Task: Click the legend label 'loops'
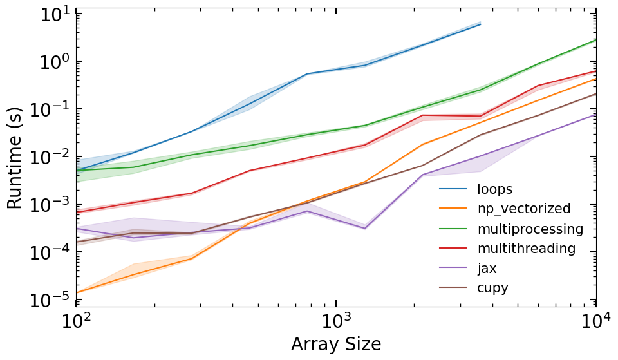pyautogui.click(x=494, y=189)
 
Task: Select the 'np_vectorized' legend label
pyautogui.click(x=523, y=209)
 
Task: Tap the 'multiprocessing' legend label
pyautogui.click(x=530, y=229)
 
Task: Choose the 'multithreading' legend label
pyautogui.click(x=526, y=249)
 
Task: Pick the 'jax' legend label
pyautogui.click(x=487, y=268)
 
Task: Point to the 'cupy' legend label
pyautogui.click(x=492, y=288)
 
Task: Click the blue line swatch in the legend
pyautogui.click(x=453, y=189)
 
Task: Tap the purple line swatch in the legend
pyautogui.click(x=453, y=268)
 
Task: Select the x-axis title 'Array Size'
pyautogui.click(x=336, y=344)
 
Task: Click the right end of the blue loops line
pyautogui.click(x=480, y=24)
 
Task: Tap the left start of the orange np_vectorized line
pyautogui.click(x=77, y=292)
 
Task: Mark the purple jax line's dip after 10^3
pyautogui.click(x=365, y=228)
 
